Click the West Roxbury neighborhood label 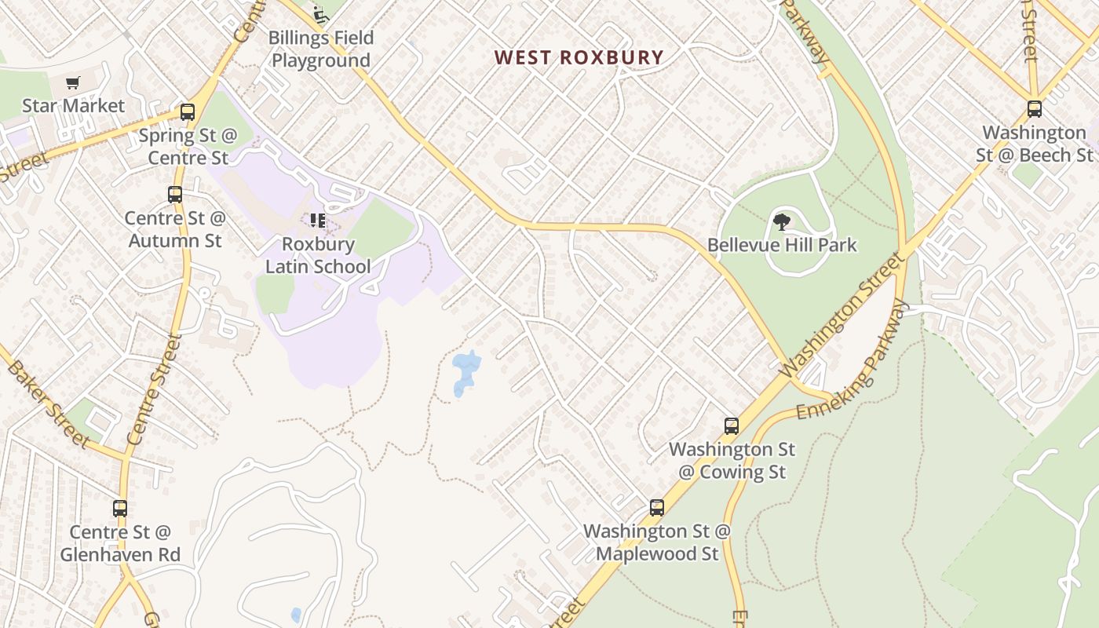(x=579, y=57)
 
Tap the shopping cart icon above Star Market (x=73, y=82)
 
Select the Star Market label (x=73, y=105)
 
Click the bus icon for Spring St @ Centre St (x=187, y=112)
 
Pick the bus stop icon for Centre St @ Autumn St (x=175, y=195)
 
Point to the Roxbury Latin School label (x=318, y=255)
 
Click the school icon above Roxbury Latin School (x=318, y=221)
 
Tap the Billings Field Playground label (x=321, y=49)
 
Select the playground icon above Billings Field (x=319, y=14)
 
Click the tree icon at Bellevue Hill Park (x=782, y=222)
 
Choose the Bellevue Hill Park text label (x=782, y=245)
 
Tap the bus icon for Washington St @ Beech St (x=1035, y=109)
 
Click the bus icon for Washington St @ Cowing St (x=732, y=426)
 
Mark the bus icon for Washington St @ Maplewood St (x=656, y=508)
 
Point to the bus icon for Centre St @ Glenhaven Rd (x=120, y=509)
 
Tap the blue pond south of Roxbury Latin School (x=466, y=371)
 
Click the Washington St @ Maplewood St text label (x=656, y=542)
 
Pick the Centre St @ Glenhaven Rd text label (x=120, y=543)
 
